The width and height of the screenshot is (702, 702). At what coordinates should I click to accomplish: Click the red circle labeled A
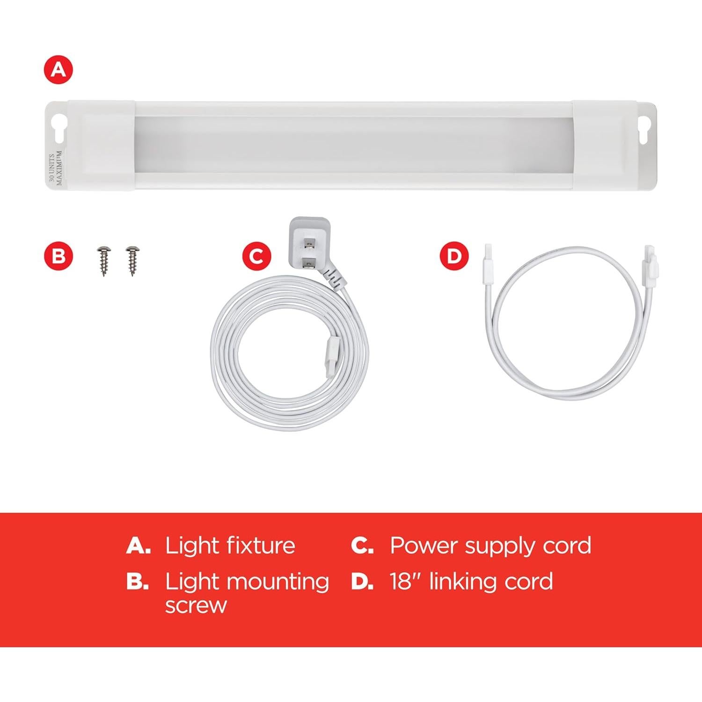58,70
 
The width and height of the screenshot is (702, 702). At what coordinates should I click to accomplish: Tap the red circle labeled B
58,256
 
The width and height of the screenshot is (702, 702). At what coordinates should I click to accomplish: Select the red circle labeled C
256,256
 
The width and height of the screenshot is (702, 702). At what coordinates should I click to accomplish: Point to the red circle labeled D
454,256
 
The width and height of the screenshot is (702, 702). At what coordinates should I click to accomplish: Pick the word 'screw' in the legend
196,606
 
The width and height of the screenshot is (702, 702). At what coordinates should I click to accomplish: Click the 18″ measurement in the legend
407,582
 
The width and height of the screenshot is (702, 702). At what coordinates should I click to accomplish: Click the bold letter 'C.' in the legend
362,546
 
